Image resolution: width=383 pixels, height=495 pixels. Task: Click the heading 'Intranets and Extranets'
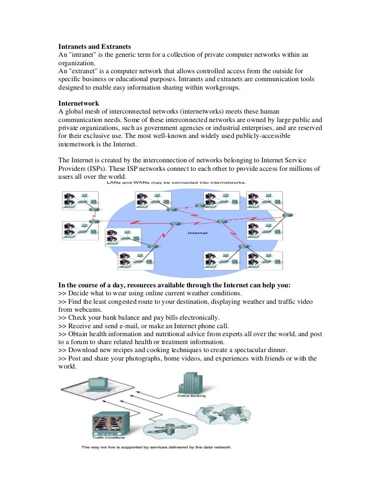tap(95, 46)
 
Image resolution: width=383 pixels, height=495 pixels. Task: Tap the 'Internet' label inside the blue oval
tap(198, 233)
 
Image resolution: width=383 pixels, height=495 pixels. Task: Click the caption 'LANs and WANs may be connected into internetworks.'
tap(176, 183)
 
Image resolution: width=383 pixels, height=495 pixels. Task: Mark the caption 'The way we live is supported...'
tap(157, 447)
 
